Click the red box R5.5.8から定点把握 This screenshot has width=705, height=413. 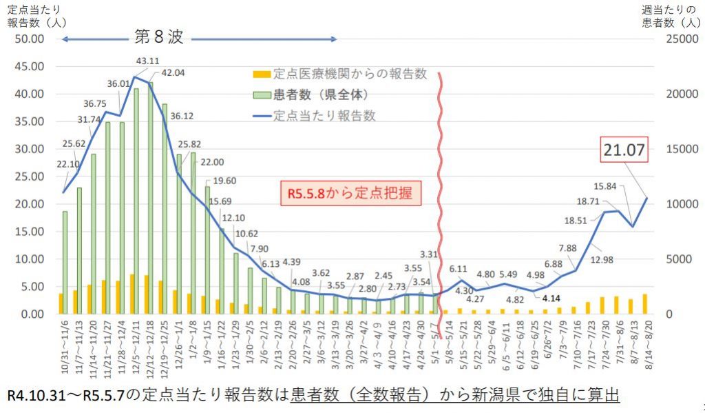(x=350, y=193)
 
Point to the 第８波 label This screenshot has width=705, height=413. (x=159, y=37)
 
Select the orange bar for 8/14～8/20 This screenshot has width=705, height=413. (x=644, y=304)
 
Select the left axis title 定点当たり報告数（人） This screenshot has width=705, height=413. (x=36, y=15)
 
